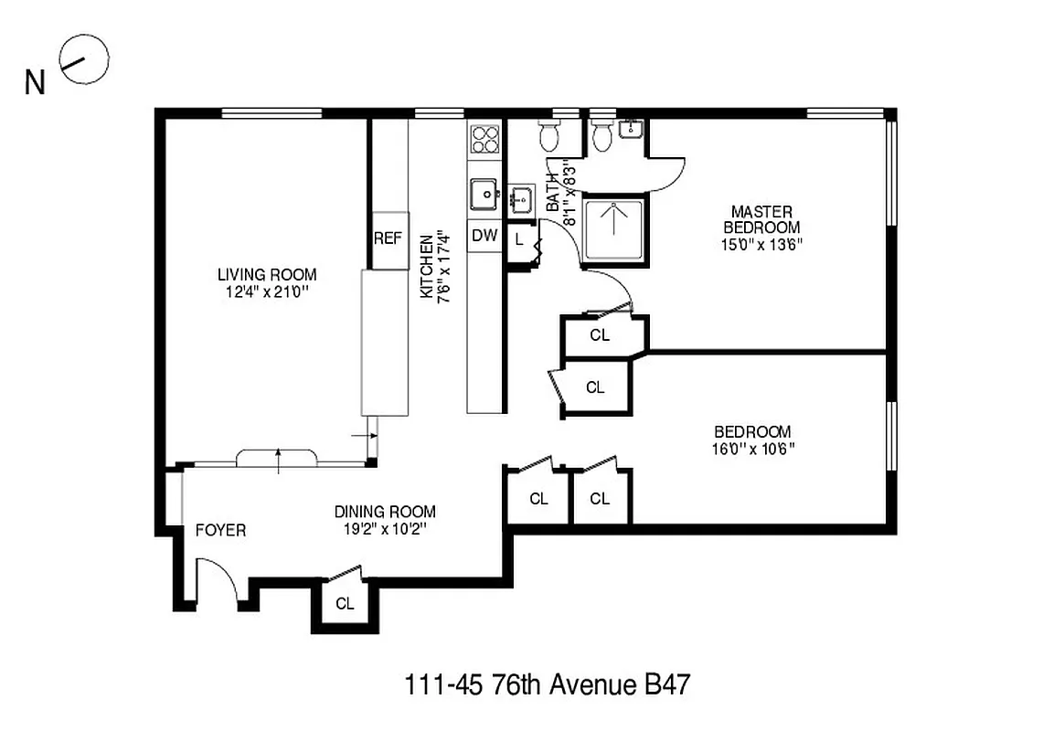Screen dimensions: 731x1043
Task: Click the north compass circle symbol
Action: tap(85, 59)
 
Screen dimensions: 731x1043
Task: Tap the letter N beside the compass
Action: tap(36, 83)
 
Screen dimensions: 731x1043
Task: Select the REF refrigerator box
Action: tap(388, 238)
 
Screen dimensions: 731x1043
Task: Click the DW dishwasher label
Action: tap(484, 236)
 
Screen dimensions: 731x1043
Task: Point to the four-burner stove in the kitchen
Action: tap(484, 139)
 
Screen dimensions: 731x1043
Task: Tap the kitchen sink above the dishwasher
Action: tap(484, 195)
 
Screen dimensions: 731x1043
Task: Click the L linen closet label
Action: tap(518, 239)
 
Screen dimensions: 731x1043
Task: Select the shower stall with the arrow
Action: tap(613, 228)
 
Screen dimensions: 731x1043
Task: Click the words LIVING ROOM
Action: tap(267, 274)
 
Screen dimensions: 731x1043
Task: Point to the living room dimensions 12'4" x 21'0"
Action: tap(267, 292)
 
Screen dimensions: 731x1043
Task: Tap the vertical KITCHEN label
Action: tap(426, 265)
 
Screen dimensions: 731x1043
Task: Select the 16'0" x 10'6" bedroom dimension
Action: tap(752, 449)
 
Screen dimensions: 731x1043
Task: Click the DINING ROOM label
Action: tap(384, 512)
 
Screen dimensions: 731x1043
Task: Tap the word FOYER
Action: tap(220, 530)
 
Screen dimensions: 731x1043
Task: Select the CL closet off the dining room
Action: tap(344, 603)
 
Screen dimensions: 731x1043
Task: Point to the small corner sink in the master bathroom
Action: tap(631, 130)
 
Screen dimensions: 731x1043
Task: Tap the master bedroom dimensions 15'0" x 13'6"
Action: tap(761, 244)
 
